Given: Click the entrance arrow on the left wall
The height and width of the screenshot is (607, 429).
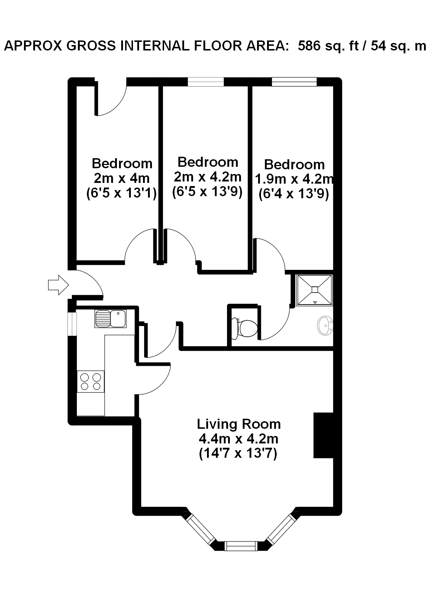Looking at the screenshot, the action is [x=59, y=285].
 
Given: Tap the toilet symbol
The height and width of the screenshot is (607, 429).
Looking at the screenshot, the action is [x=245, y=329].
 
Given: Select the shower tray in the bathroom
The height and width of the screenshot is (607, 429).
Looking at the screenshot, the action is [x=314, y=290].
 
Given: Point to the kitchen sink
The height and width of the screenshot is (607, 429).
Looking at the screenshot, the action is [x=110, y=319].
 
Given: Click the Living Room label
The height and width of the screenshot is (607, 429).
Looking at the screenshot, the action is [x=239, y=424].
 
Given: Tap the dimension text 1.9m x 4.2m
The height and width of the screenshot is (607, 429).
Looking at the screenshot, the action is [x=294, y=179].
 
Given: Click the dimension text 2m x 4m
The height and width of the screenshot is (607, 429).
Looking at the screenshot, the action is [x=122, y=178].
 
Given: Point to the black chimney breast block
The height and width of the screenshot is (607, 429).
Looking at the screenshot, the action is [x=323, y=436].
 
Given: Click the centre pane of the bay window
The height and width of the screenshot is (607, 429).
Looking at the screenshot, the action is [x=241, y=546].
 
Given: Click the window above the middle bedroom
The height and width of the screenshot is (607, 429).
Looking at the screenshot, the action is [x=206, y=82].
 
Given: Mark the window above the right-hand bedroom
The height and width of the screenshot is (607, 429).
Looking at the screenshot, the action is [x=294, y=82].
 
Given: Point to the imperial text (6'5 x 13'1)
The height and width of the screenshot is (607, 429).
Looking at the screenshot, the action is [x=122, y=193].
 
